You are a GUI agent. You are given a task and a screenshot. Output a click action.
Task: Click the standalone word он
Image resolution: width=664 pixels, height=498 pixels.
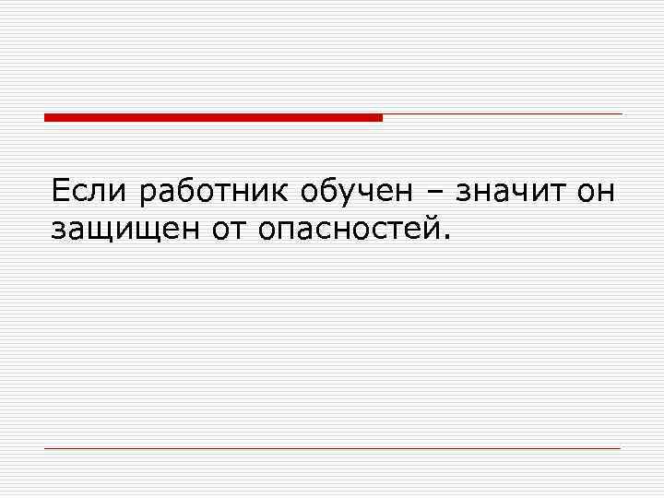[x=595, y=193]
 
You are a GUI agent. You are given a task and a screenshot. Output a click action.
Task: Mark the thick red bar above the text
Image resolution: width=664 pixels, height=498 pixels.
[x=213, y=117]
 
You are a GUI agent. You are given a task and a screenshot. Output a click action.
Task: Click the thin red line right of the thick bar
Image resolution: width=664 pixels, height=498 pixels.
[x=503, y=114]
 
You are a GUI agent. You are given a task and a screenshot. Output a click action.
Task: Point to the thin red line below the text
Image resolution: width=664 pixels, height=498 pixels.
[x=332, y=448]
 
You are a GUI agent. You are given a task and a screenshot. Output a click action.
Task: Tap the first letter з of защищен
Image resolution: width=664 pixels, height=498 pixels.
[x=59, y=231]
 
